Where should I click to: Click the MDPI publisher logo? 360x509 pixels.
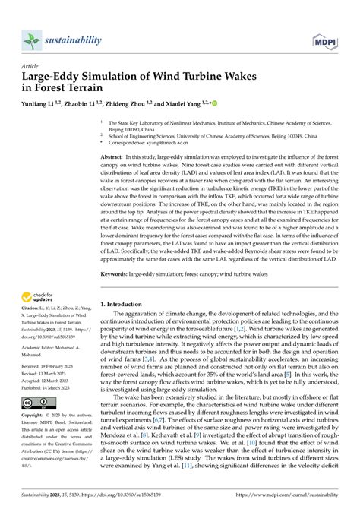tap(324, 39)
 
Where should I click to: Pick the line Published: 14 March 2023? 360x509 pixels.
tap(52, 386)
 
